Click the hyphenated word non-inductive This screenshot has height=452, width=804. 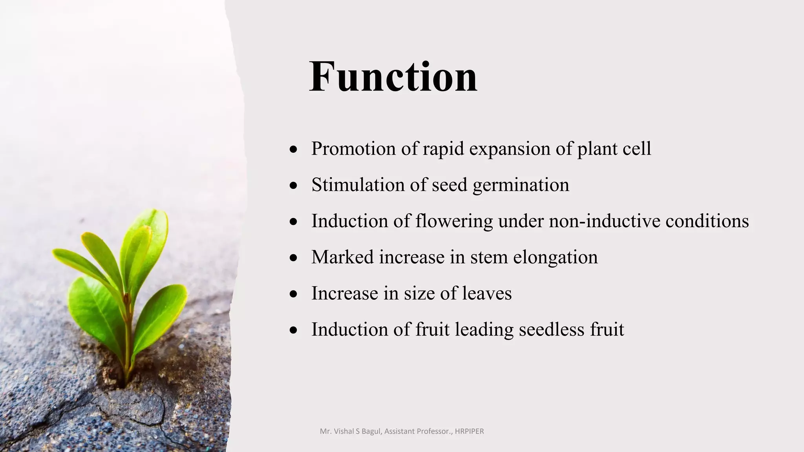tap(605, 221)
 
